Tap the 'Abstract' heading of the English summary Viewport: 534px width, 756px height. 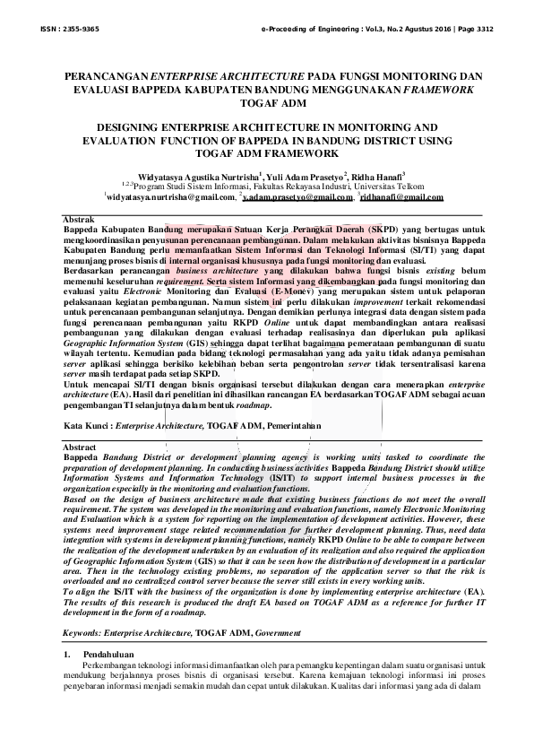tap(81, 447)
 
